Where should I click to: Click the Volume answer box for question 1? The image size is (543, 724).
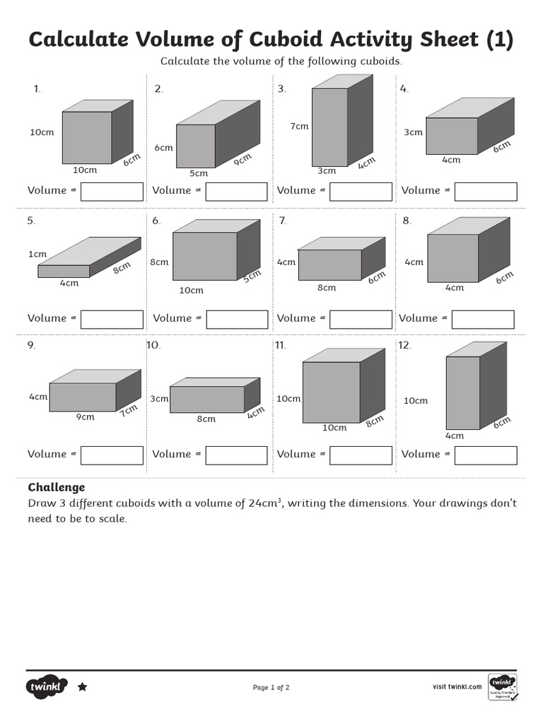pyautogui.click(x=112, y=192)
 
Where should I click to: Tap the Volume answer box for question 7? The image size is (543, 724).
pyautogui.click(x=361, y=320)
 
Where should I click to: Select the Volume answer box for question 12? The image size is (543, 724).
pyautogui.click(x=485, y=455)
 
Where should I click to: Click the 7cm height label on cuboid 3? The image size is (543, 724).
pyautogui.click(x=299, y=127)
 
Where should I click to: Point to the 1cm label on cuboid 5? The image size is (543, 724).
pyautogui.click(x=37, y=254)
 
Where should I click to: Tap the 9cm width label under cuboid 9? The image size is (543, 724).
pyautogui.click(x=86, y=417)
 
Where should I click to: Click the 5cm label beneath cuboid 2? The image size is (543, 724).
pyautogui.click(x=199, y=173)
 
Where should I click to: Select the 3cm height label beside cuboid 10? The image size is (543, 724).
pyautogui.click(x=159, y=399)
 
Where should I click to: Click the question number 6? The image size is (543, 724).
pyautogui.click(x=156, y=221)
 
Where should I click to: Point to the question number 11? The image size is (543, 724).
pyautogui.click(x=281, y=345)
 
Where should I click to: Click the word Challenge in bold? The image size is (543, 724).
pyautogui.click(x=57, y=487)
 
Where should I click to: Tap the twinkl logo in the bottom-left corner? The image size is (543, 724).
pyautogui.click(x=47, y=687)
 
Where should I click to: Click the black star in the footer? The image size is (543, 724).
pyautogui.click(x=82, y=687)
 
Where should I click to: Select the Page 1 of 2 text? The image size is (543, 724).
pyautogui.click(x=271, y=687)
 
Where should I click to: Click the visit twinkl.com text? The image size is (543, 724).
pyautogui.click(x=457, y=687)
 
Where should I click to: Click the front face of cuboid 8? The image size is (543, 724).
pyautogui.click(x=452, y=258)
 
